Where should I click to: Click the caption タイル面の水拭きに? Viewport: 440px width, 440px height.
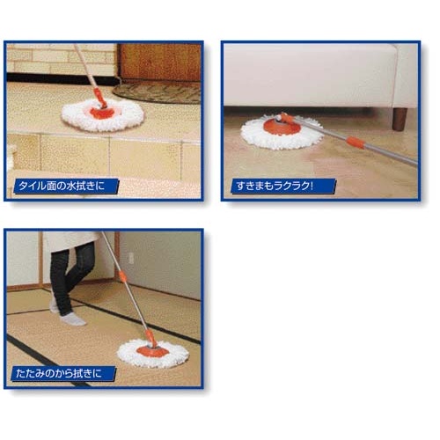pyautogui.click(x=62, y=186)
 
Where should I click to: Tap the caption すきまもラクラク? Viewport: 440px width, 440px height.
pyautogui.click(x=275, y=186)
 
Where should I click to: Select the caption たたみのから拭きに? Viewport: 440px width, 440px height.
pyautogui.click(x=59, y=373)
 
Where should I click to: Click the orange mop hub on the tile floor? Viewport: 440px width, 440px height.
pyautogui.click(x=101, y=112)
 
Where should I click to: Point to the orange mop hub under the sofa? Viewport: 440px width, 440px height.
pyautogui.click(x=278, y=126)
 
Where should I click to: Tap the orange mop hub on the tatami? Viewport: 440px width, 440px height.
pyautogui.click(x=152, y=350)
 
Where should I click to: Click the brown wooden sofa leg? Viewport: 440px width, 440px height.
pyautogui.click(x=400, y=119)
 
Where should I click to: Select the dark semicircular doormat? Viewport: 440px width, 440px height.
pyautogui.click(x=157, y=92)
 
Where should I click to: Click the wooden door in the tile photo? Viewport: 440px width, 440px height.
pyautogui.click(x=160, y=62)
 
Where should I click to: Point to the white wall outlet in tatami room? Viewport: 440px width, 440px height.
pyautogui.click(x=131, y=258)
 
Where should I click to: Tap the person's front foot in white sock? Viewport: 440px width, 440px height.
pyautogui.click(x=72, y=319)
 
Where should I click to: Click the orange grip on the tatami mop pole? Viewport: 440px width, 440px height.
pyautogui.click(x=122, y=276)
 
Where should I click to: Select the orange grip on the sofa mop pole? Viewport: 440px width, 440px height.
pyautogui.click(x=356, y=143)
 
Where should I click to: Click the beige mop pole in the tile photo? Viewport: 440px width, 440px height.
pyautogui.click(x=85, y=67)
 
